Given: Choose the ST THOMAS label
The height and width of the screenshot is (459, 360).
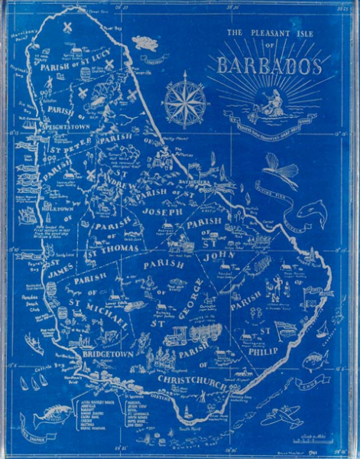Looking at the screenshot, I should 113,249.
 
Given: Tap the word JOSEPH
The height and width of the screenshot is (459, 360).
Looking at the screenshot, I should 160,210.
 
